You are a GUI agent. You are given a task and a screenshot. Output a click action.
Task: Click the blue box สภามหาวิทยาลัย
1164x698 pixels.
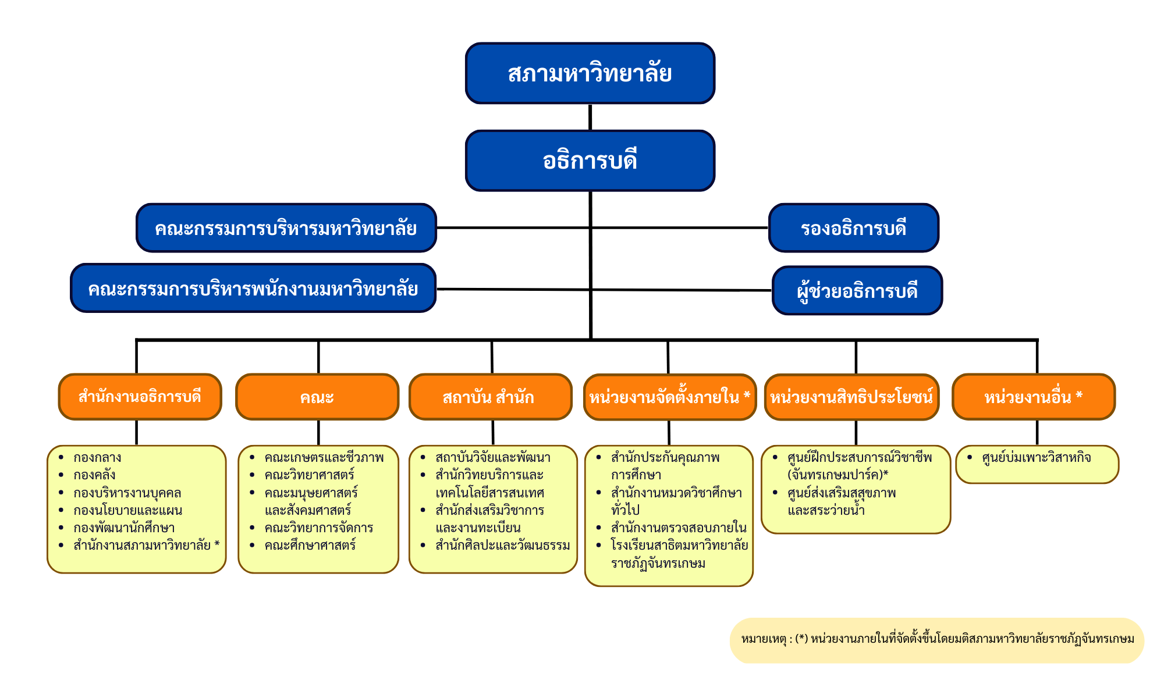tap(590, 73)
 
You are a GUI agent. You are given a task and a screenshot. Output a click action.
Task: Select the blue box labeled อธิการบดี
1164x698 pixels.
tap(590, 161)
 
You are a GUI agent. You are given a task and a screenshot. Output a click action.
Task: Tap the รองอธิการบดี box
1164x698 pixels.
tap(853, 228)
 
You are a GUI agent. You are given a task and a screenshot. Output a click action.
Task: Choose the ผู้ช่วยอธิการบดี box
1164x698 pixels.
tap(857, 290)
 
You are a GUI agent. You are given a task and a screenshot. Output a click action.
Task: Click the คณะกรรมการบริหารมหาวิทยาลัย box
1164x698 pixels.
tap(286, 228)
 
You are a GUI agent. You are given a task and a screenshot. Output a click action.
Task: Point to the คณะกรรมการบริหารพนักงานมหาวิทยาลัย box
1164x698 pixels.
tap(253, 289)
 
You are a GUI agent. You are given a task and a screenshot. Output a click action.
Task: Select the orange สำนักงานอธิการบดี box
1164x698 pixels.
tap(140, 397)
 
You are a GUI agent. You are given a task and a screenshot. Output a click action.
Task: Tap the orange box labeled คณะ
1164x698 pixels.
tap(317, 397)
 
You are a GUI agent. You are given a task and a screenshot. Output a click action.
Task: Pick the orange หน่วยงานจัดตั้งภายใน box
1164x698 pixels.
tap(669, 397)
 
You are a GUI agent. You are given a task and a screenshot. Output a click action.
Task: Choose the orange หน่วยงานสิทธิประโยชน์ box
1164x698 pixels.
tap(851, 397)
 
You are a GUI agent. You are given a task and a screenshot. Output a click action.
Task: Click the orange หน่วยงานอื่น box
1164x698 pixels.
tap(1033, 397)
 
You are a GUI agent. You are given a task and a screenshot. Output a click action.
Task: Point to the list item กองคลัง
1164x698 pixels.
tap(94, 475)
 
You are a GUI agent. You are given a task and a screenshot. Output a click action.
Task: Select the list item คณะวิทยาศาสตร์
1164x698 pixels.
tap(309, 475)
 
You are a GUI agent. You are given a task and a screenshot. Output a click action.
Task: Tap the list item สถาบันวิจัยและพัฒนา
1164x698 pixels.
tap(492, 458)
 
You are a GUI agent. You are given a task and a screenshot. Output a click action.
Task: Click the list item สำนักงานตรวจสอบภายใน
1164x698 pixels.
tap(679, 528)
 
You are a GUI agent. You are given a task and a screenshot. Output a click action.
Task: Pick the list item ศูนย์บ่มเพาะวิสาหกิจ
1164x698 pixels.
tap(1036, 458)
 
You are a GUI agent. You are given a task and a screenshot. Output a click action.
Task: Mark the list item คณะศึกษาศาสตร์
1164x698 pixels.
tap(310, 546)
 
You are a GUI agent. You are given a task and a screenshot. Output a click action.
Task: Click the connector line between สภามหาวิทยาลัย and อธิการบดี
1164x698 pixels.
tap(590, 117)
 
